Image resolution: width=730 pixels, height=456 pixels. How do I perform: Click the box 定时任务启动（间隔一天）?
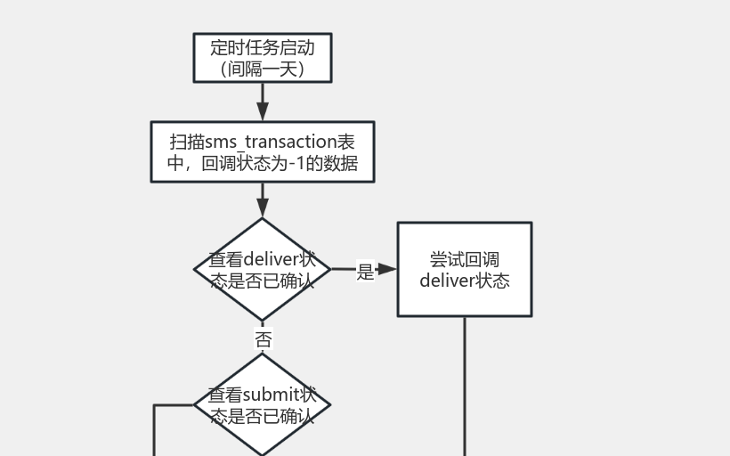pyautogui.click(x=263, y=58)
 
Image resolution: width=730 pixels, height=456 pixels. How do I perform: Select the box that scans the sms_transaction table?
pyautogui.click(x=263, y=152)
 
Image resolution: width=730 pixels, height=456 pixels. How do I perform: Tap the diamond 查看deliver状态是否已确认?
pyautogui.click(x=263, y=269)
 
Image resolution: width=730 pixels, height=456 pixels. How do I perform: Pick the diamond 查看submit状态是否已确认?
pyautogui.click(x=263, y=405)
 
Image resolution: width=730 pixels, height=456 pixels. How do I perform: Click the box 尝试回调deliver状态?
pyautogui.click(x=465, y=269)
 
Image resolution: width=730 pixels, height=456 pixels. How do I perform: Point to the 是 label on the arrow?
pyautogui.click(x=365, y=272)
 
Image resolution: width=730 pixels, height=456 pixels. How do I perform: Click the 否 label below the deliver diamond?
pyautogui.click(x=263, y=339)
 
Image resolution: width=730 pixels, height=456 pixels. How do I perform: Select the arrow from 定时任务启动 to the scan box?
pyautogui.click(x=263, y=101)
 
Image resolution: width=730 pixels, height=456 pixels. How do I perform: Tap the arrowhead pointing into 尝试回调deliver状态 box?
pyautogui.click(x=388, y=269)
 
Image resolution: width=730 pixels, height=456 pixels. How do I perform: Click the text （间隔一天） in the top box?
pyautogui.click(x=263, y=69)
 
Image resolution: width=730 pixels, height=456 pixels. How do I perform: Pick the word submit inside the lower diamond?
pyautogui.click(x=272, y=395)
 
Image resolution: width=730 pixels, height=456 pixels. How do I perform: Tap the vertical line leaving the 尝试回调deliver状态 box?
pyautogui.click(x=465, y=383)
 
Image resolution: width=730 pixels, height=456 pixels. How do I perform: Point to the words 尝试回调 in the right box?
pyautogui.click(x=465, y=259)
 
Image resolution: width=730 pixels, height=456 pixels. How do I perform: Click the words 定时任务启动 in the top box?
pyautogui.click(x=263, y=47)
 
